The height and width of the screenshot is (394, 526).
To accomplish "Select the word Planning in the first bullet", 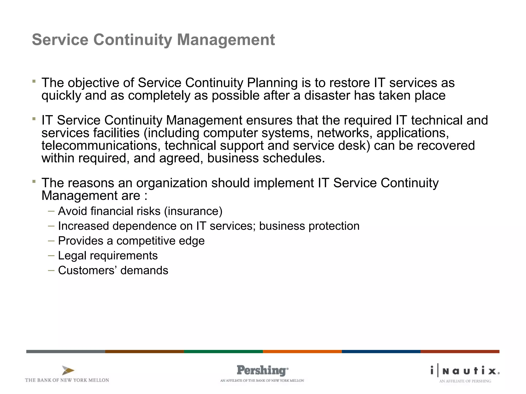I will tap(272, 83).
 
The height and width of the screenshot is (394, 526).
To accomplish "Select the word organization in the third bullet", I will tap(172, 183).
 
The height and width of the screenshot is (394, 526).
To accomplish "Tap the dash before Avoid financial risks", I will tap(51, 211).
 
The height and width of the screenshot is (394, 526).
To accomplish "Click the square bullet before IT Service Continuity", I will tap(34, 119).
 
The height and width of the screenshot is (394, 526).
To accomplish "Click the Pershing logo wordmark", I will tap(262, 370).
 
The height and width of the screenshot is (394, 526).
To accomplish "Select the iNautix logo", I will tap(465, 371).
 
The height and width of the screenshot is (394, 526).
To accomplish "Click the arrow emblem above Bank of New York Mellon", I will tap(68, 370).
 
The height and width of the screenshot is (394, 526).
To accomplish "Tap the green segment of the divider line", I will tap(223, 351).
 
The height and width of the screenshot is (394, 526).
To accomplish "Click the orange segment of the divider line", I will tap(302, 351).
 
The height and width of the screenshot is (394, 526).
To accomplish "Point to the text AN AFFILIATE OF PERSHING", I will tap(465, 381).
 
